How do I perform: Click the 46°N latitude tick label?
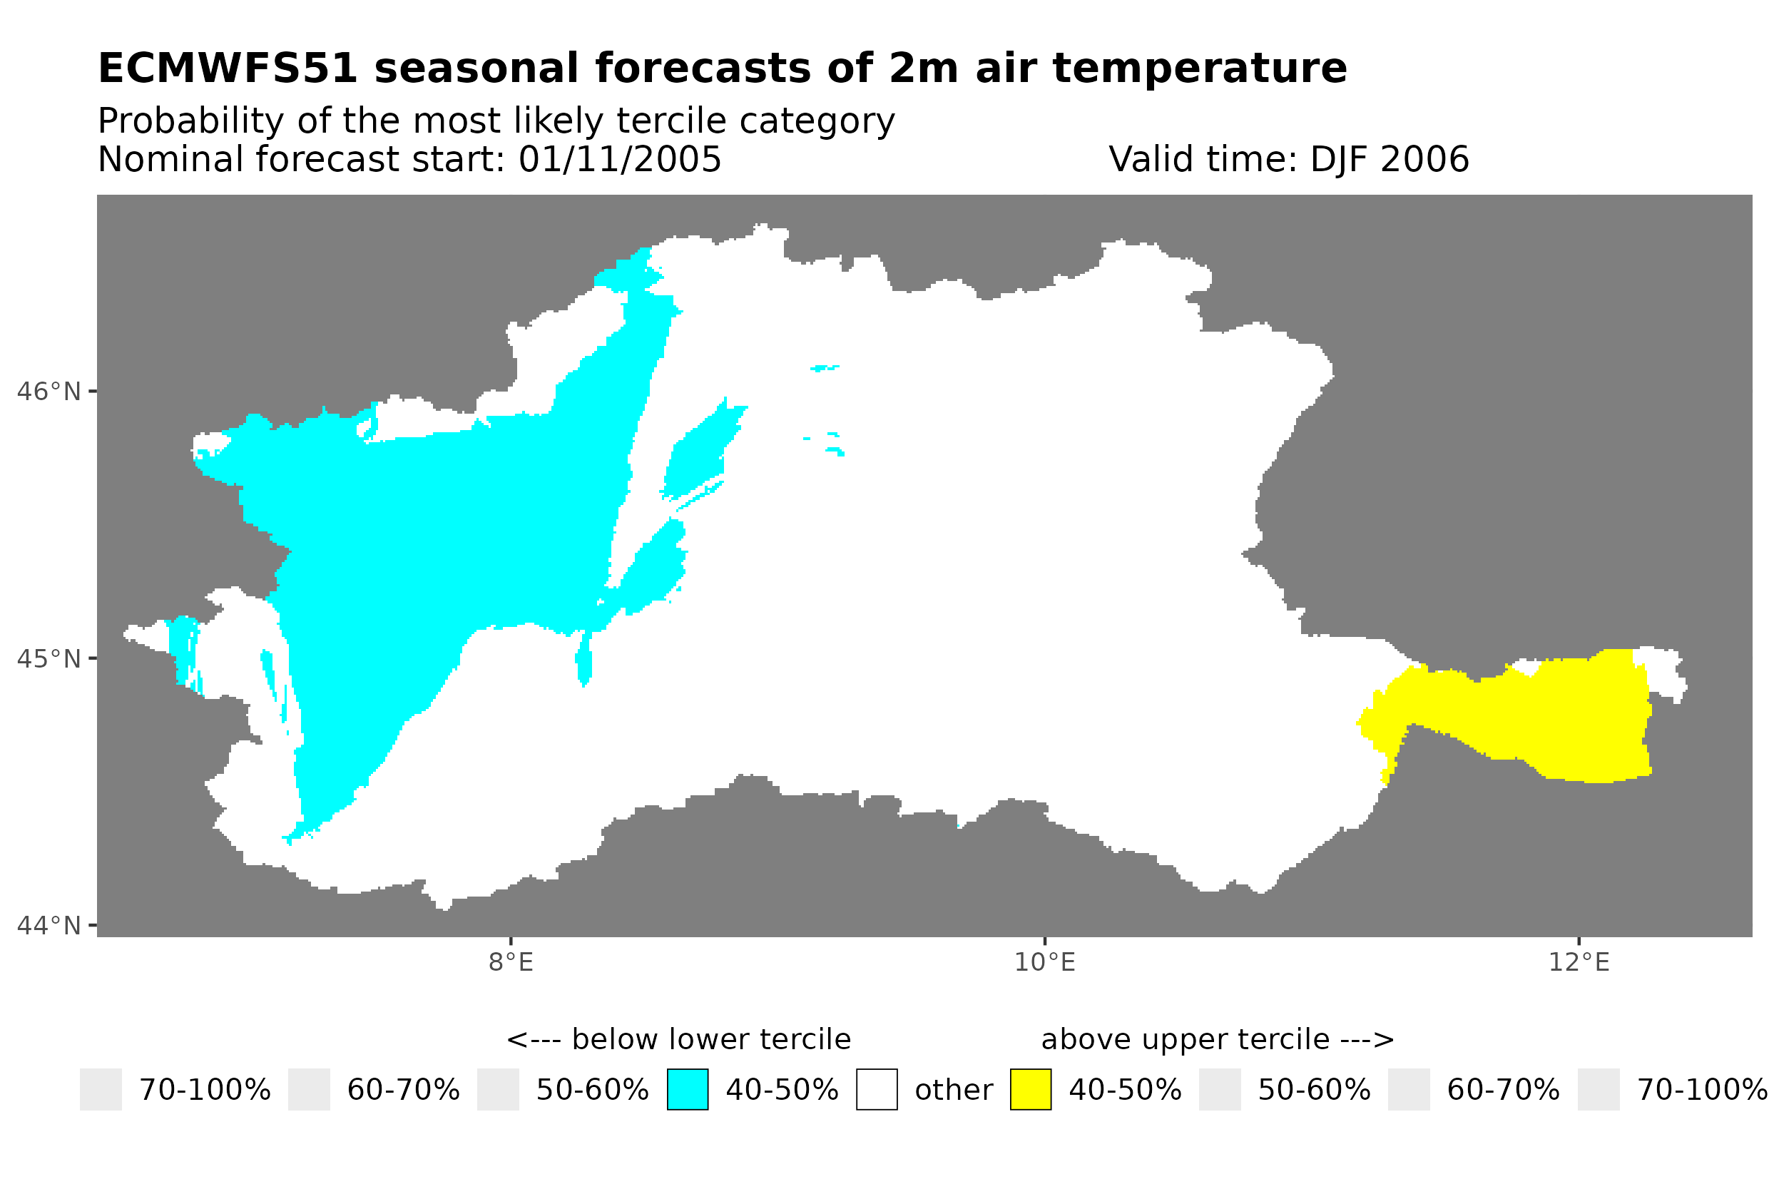click(48, 392)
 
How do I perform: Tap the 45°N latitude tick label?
click(48, 658)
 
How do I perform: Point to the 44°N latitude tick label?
click(48, 926)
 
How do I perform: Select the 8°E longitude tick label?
click(511, 962)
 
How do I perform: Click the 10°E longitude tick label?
click(1044, 962)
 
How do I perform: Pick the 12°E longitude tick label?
click(1579, 962)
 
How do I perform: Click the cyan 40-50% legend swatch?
click(687, 1090)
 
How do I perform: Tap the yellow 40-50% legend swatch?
click(1030, 1090)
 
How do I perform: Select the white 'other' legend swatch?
click(876, 1090)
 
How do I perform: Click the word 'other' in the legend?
click(952, 1090)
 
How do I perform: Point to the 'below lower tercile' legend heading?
click(678, 1039)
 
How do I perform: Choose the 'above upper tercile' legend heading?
click(1217, 1039)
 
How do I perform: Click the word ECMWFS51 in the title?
click(227, 68)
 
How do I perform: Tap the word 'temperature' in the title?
click(1198, 68)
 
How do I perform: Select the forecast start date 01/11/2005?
click(619, 159)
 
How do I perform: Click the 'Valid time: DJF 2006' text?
click(1288, 159)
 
